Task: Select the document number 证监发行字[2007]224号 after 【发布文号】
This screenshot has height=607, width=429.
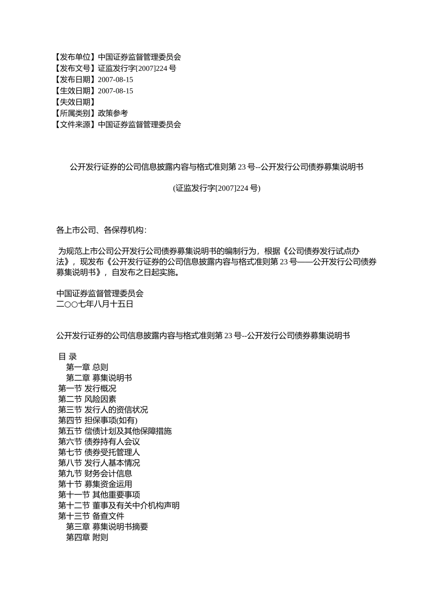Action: (137, 68)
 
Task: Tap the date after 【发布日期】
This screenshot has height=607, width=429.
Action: (115, 79)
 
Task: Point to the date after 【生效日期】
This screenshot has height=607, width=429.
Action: (115, 91)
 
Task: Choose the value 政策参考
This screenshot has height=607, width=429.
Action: (113, 113)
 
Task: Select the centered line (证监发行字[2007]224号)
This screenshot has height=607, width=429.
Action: (216, 188)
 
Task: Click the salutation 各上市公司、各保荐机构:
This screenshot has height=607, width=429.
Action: (101, 230)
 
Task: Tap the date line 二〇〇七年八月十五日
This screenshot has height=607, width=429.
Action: (95, 304)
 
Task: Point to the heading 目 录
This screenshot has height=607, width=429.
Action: (68, 357)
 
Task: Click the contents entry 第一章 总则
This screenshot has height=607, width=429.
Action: (87, 367)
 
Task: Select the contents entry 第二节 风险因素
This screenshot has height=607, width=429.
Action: (87, 399)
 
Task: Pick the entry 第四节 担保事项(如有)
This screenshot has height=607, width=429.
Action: (98, 420)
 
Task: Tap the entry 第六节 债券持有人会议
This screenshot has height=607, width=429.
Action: (99, 442)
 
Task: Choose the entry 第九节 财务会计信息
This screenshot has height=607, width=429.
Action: (95, 473)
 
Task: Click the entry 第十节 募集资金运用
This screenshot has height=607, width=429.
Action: (95, 484)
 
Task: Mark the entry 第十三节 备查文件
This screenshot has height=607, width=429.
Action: (91, 516)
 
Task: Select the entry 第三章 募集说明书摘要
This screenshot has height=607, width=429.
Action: (107, 527)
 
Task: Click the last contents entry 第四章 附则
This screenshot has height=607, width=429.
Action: (87, 537)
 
